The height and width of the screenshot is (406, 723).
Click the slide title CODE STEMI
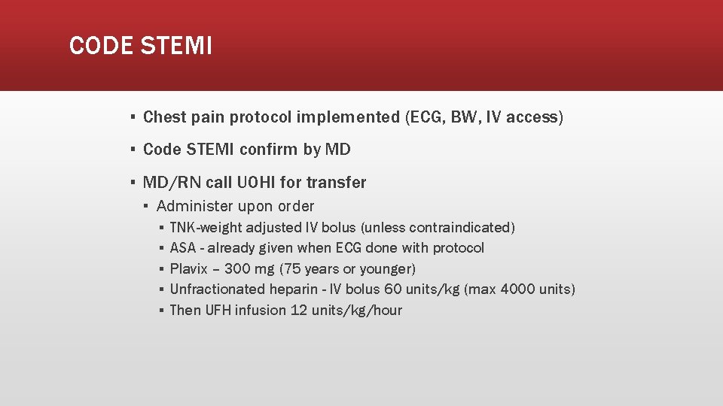pos(141,46)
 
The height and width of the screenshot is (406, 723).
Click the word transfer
pos(336,183)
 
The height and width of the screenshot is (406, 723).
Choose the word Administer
pos(195,206)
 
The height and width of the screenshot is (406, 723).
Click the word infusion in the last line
pos(261,311)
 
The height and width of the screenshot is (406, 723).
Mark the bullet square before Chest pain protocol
pos(132,117)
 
